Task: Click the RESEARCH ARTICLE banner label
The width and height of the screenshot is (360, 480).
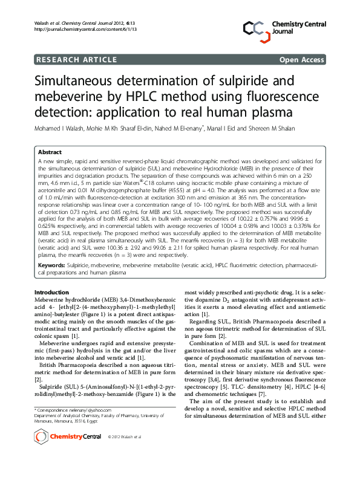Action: tap(77, 59)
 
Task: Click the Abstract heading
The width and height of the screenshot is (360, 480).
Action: tap(50, 152)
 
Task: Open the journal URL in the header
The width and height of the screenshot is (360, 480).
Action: tap(76, 29)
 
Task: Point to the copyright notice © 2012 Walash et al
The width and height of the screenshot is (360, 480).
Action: tap(124, 453)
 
